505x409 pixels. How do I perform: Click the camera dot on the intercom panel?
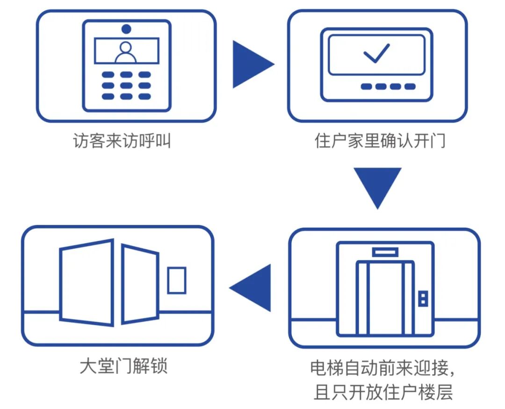pos(126,29)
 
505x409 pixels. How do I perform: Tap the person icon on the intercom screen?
pos(126,52)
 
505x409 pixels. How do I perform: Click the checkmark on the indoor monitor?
pos(376,53)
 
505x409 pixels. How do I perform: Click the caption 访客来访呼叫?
pos(122,141)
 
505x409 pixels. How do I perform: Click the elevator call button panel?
pos(423,298)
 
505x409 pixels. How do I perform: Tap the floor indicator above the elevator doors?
pos(385,252)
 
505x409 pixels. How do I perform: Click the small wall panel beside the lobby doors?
pos(177,280)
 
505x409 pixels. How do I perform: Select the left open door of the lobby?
pos(87,282)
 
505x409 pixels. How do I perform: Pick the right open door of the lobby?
pos(140,284)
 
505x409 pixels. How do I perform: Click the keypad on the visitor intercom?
pos(126,86)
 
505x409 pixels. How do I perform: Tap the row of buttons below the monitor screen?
pos(388,86)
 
